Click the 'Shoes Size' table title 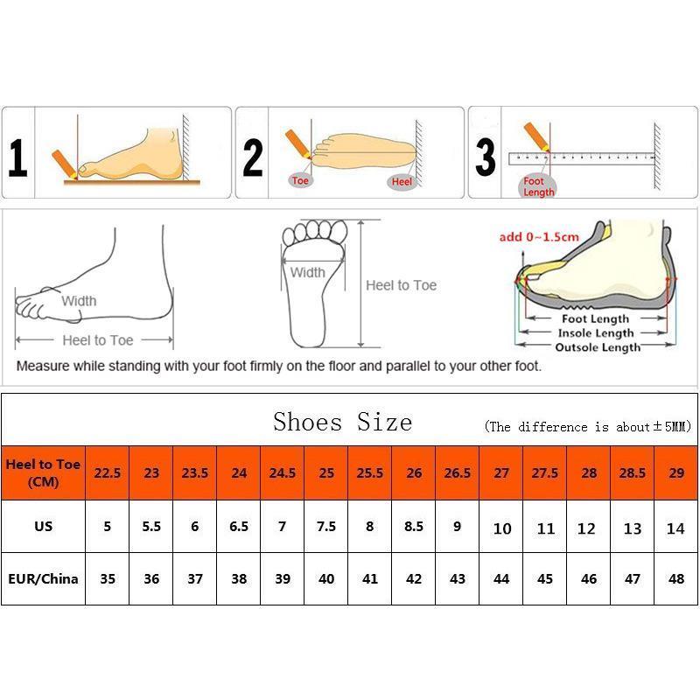pyautogui.click(x=342, y=422)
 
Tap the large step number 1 pyautogui.click(x=17, y=159)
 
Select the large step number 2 pyautogui.click(x=253, y=157)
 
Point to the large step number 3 pyautogui.click(x=486, y=157)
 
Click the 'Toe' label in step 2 pyautogui.click(x=300, y=181)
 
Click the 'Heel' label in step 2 pyautogui.click(x=402, y=181)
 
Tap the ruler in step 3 pyautogui.click(x=582, y=158)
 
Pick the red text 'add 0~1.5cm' pyautogui.click(x=539, y=237)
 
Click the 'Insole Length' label pyautogui.click(x=597, y=333)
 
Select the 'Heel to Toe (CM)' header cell pyautogui.click(x=43, y=472)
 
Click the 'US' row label pyautogui.click(x=43, y=527)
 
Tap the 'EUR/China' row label pyautogui.click(x=43, y=578)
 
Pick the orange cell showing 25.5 pyautogui.click(x=369, y=472)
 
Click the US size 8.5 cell pyautogui.click(x=413, y=527)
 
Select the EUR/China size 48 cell pyautogui.click(x=675, y=578)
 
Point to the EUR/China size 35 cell pyautogui.click(x=107, y=578)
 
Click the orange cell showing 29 pyautogui.click(x=675, y=472)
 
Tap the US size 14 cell pyautogui.click(x=675, y=528)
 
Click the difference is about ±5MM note pyautogui.click(x=587, y=427)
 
